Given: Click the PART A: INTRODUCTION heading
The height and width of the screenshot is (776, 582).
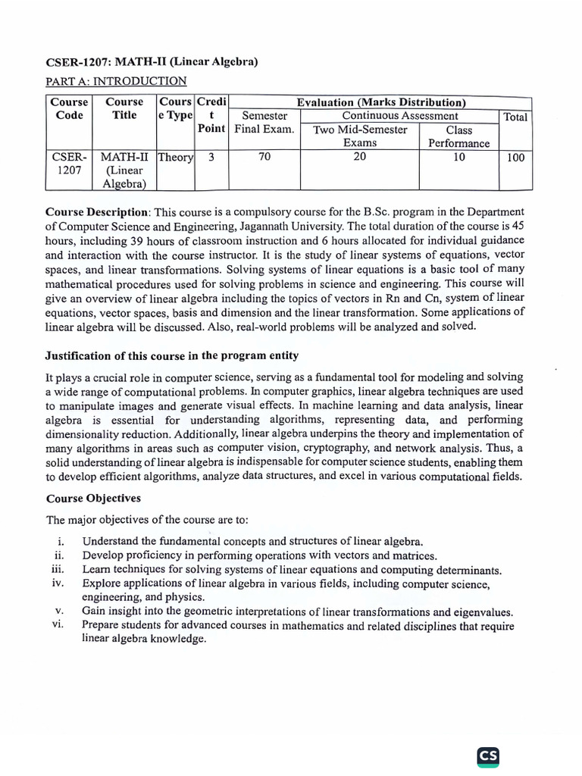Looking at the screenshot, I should [x=116, y=81].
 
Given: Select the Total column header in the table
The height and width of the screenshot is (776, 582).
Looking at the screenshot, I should [x=515, y=117].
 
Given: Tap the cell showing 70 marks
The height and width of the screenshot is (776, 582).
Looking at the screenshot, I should [x=264, y=158].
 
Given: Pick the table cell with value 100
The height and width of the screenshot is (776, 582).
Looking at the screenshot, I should [x=515, y=158].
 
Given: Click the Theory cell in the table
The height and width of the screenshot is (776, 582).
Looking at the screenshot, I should [x=175, y=158].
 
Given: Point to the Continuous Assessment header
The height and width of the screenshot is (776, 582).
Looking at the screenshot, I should [x=400, y=116].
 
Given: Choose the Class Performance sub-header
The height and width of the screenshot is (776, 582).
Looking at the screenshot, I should [x=458, y=136].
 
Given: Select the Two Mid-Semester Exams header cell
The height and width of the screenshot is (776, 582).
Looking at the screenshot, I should [x=360, y=136].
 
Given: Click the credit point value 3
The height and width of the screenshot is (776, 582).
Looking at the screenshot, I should [x=211, y=158].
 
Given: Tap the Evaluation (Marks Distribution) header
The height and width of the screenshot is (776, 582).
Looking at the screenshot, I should [x=380, y=102].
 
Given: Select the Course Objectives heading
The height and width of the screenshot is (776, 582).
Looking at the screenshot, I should [x=93, y=499].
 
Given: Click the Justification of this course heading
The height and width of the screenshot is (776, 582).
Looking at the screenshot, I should [x=172, y=355].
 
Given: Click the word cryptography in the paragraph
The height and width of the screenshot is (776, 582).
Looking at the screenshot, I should [x=352, y=448].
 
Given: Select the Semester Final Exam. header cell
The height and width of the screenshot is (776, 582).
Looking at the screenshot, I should [x=264, y=123].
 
